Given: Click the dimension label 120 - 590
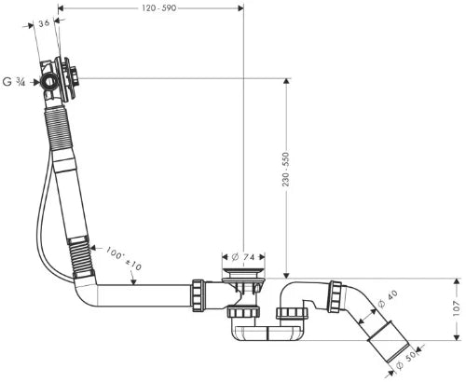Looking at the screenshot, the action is tap(159, 8).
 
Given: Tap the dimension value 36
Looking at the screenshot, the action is tap(44, 23).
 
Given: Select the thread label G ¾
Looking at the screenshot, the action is tap(14, 82).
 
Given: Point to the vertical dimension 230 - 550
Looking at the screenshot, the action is tap(286, 170).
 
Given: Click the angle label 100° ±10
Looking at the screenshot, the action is tap(124, 258).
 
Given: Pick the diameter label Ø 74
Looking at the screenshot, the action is tap(243, 257).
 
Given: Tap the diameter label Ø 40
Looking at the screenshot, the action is tap(388, 299).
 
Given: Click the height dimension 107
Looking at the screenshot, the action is tap(456, 308).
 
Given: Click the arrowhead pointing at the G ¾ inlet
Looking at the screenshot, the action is tap(36, 82).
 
